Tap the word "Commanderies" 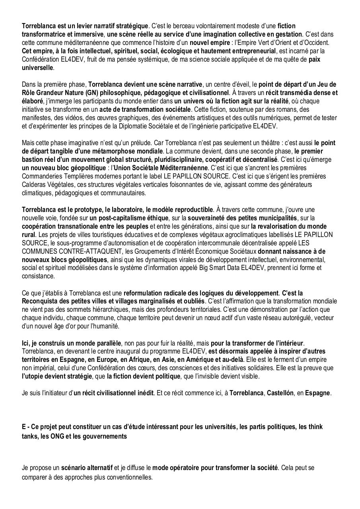[x=42, y=176]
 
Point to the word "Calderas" [x=34, y=185]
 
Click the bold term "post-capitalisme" [x=116, y=218]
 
